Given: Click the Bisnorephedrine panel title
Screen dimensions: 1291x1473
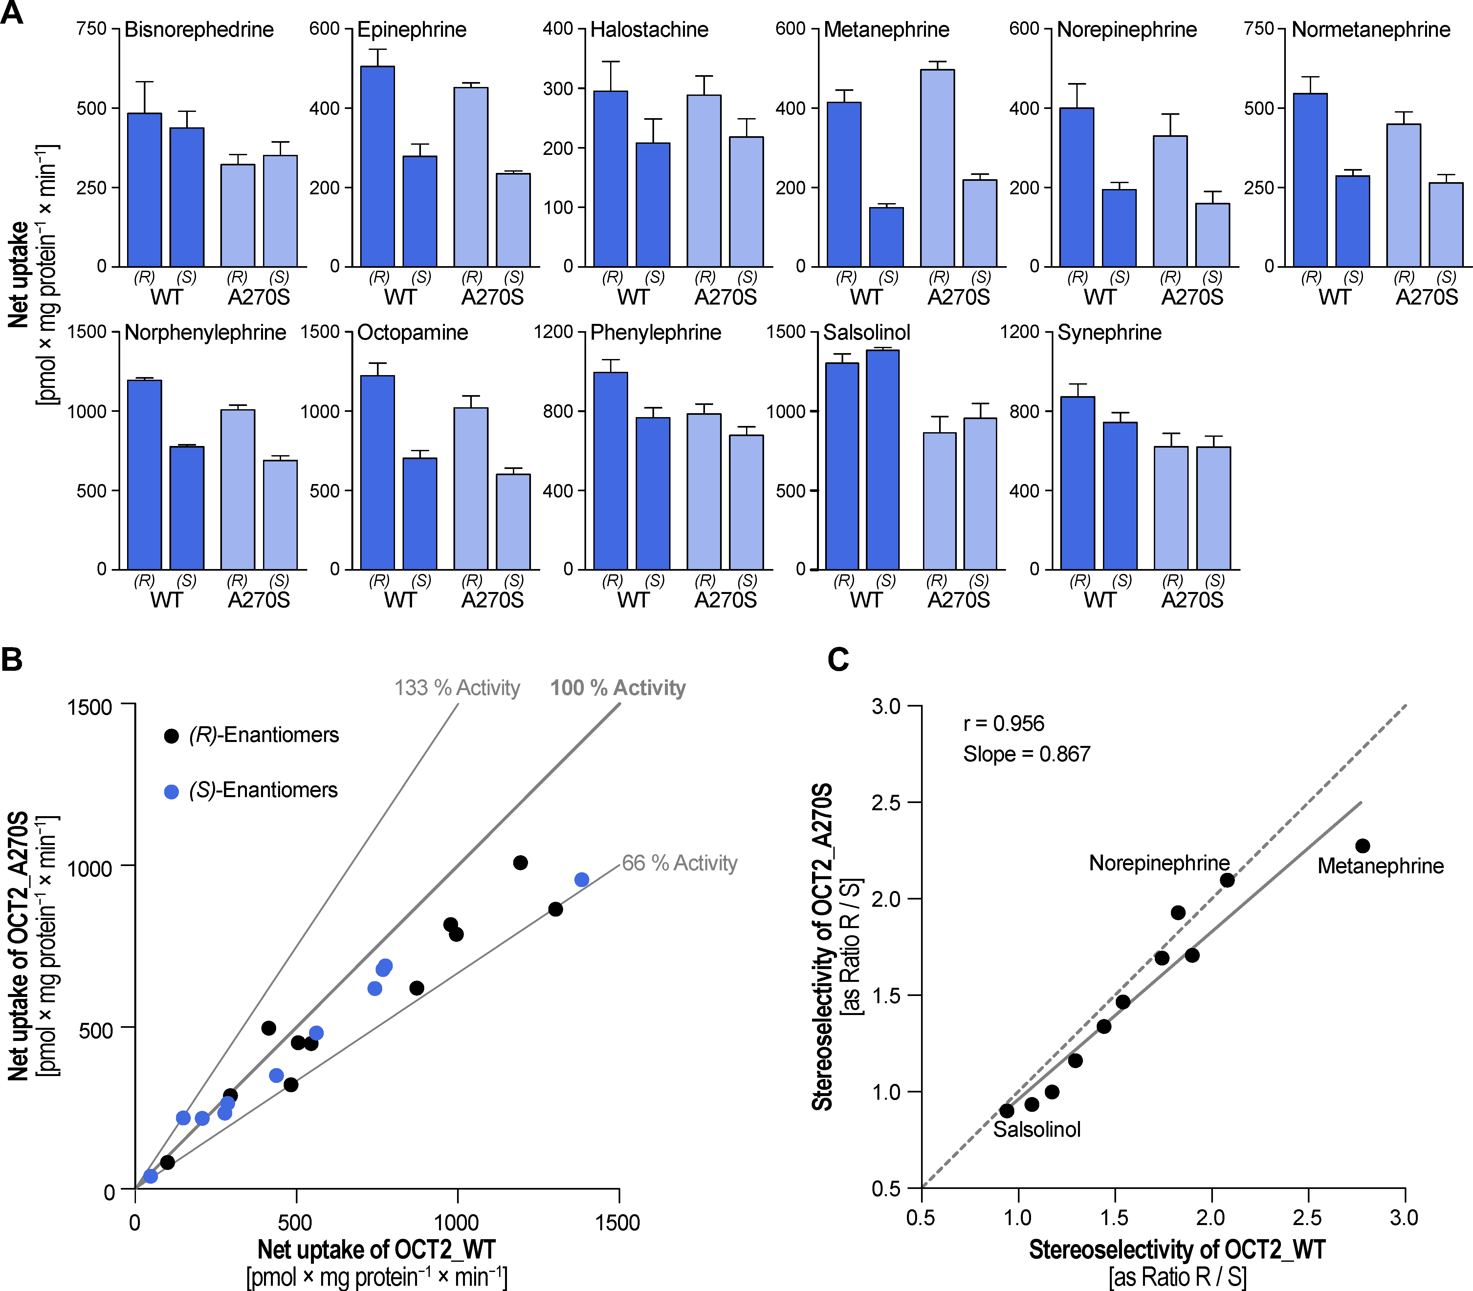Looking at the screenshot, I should point(199,30).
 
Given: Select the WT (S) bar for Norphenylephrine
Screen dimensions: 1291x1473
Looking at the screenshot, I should point(187,508).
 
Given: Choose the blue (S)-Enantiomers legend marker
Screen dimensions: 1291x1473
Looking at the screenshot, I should point(171,792).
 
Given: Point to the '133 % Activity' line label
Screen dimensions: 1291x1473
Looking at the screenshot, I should point(457,688).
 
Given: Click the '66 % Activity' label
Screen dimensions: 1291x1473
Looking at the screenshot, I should point(680,863).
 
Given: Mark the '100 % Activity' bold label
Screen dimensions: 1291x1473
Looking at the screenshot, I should point(618,688).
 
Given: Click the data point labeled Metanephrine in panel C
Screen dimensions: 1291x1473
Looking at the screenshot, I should point(1362,846).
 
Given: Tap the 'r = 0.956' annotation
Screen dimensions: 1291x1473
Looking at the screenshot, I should point(1003,723).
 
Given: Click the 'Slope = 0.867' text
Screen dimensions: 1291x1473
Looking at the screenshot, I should point(1026,754).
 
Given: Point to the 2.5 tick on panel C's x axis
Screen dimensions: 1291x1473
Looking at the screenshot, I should point(1307,1217).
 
